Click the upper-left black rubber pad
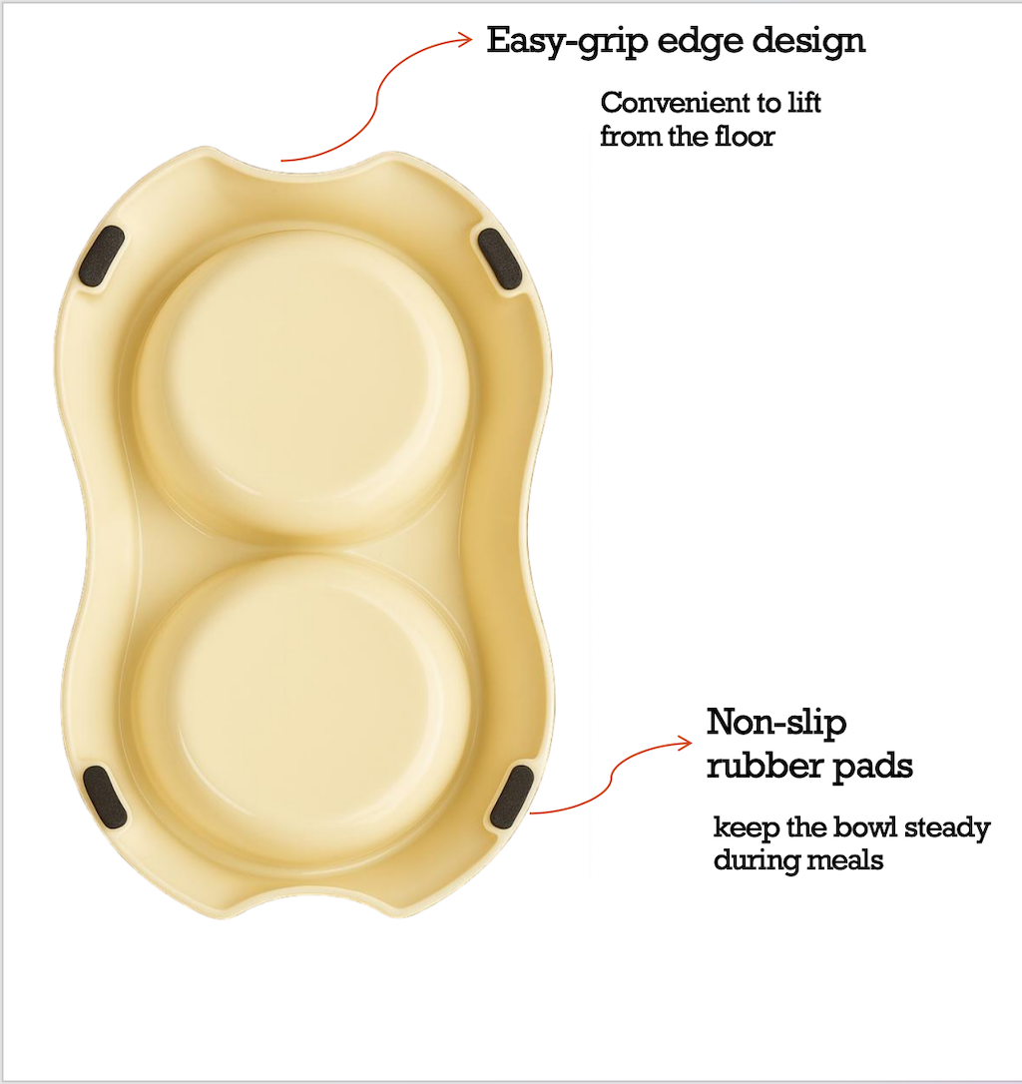[x=103, y=258]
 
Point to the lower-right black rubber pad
[x=512, y=799]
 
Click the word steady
[x=940, y=827]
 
